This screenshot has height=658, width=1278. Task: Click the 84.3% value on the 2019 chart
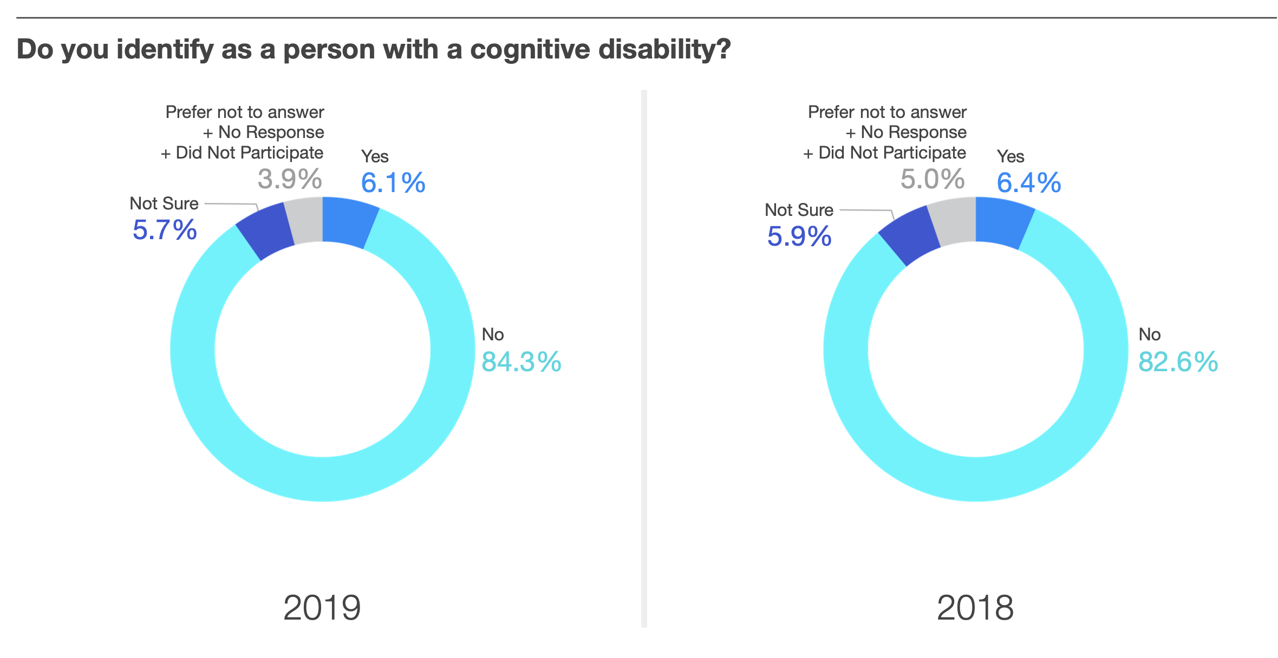pos(521,361)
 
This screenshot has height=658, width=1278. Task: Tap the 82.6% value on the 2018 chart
pos(1178,361)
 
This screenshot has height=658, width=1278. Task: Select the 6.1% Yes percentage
pos(393,182)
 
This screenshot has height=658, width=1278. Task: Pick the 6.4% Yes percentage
pos(1029,182)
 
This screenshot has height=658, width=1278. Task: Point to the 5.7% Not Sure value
pos(165,230)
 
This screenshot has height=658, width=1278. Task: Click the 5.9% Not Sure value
pos(799,236)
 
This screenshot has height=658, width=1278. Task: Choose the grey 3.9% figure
pos(290,179)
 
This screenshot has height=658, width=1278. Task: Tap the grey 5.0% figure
pos(933,179)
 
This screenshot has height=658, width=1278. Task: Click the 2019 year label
pos(322,608)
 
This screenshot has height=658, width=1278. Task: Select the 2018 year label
pos(975,608)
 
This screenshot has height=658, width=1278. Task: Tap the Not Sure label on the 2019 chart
pos(164,203)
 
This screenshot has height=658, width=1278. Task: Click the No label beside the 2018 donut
pos(1149,334)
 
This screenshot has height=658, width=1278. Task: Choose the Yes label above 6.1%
pos(375,156)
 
